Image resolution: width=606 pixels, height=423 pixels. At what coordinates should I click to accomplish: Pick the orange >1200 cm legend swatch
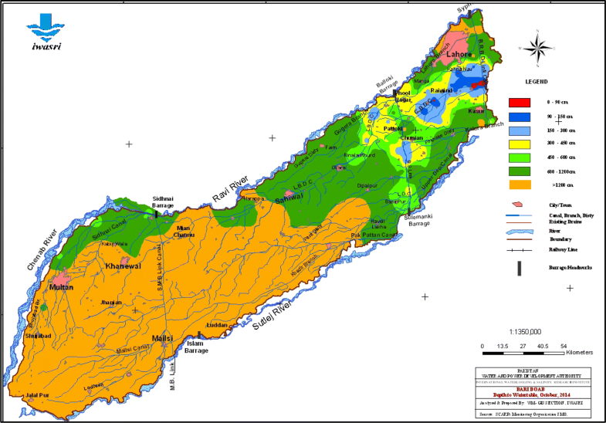(x=519, y=185)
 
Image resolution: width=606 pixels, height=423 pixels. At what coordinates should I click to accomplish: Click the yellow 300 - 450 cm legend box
(x=519, y=144)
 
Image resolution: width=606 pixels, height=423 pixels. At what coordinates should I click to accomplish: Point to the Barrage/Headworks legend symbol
(x=519, y=267)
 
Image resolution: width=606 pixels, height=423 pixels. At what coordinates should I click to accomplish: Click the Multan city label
(x=60, y=287)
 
